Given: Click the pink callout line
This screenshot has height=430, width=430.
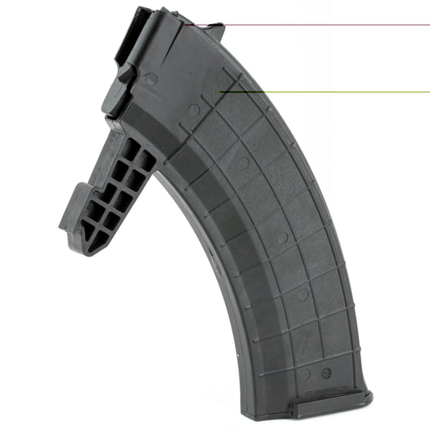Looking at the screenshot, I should click(323, 25).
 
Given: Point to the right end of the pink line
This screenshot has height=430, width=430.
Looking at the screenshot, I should click(428, 25).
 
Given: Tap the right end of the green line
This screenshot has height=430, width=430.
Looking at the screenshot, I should click(428, 91).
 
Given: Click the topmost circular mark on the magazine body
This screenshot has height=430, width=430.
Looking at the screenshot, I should click(151, 79).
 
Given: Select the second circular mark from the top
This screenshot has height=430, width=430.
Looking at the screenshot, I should click(194, 109).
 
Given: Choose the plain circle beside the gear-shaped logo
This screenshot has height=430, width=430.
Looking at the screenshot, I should click(304, 374).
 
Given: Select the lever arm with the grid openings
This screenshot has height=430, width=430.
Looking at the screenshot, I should click(113, 194).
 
